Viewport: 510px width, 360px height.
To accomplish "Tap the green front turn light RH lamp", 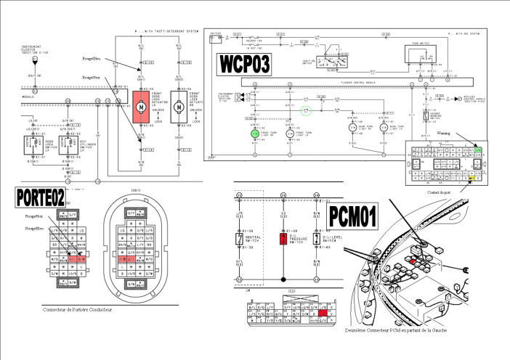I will (254, 134).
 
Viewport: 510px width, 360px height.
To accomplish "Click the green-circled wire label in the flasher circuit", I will (307, 111).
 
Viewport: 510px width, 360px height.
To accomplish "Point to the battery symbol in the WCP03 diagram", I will (216, 35).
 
